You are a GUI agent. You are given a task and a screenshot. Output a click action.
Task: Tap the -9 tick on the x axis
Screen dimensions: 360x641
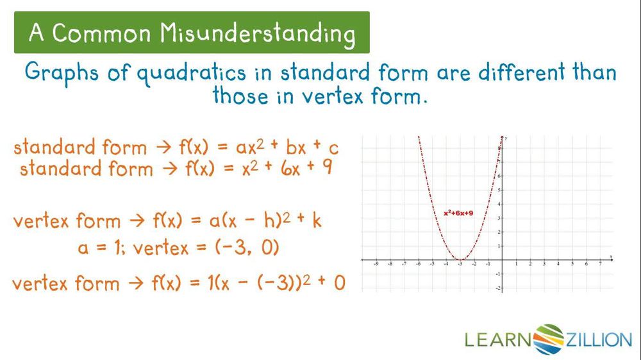pyautogui.click(x=376, y=263)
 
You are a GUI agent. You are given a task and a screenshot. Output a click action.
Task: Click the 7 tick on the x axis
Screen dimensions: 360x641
pyautogui.click(x=600, y=263)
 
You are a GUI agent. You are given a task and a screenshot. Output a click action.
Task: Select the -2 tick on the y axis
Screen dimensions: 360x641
pyautogui.click(x=498, y=288)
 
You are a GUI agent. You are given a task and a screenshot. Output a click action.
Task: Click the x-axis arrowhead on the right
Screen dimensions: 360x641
pyautogui.click(x=611, y=260)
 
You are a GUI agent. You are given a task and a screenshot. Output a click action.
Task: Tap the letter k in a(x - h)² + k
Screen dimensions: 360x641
pyautogui.click(x=317, y=221)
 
